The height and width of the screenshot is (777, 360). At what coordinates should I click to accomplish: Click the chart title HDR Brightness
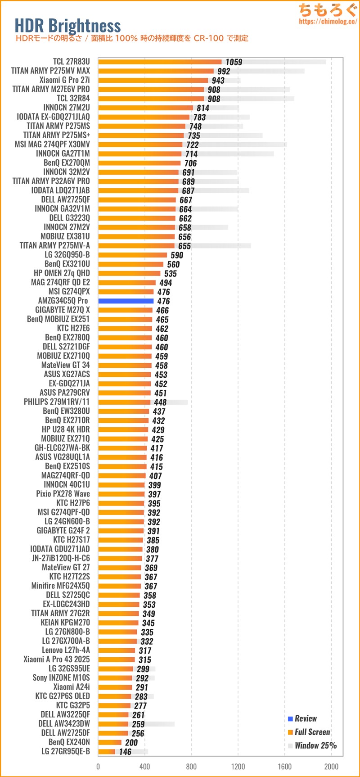67,26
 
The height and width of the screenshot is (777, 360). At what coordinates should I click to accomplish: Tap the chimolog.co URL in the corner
328,21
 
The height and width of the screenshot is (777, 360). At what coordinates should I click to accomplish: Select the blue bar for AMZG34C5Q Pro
126,301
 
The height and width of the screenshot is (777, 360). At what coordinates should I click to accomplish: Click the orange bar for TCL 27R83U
160,62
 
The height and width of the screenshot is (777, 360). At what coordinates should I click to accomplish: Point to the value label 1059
234,62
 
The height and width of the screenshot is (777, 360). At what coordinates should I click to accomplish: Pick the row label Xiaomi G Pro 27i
64,80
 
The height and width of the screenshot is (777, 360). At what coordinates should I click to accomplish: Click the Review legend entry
306,718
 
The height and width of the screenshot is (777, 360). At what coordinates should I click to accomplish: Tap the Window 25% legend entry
315,745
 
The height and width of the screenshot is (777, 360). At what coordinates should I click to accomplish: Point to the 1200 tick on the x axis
238,767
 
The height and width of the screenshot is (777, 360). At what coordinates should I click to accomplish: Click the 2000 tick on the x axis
331,767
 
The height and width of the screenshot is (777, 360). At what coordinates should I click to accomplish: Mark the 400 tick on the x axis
144,767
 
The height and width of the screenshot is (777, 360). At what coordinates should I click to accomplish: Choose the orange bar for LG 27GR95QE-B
107,751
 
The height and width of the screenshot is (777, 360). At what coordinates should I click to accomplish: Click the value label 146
125,752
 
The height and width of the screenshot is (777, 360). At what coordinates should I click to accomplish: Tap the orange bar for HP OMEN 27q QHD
129,273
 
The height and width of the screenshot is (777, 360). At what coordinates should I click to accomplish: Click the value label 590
177,255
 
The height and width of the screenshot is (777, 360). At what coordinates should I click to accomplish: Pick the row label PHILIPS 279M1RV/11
57,402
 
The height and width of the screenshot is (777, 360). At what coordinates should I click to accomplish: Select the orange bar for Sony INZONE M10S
115,678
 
